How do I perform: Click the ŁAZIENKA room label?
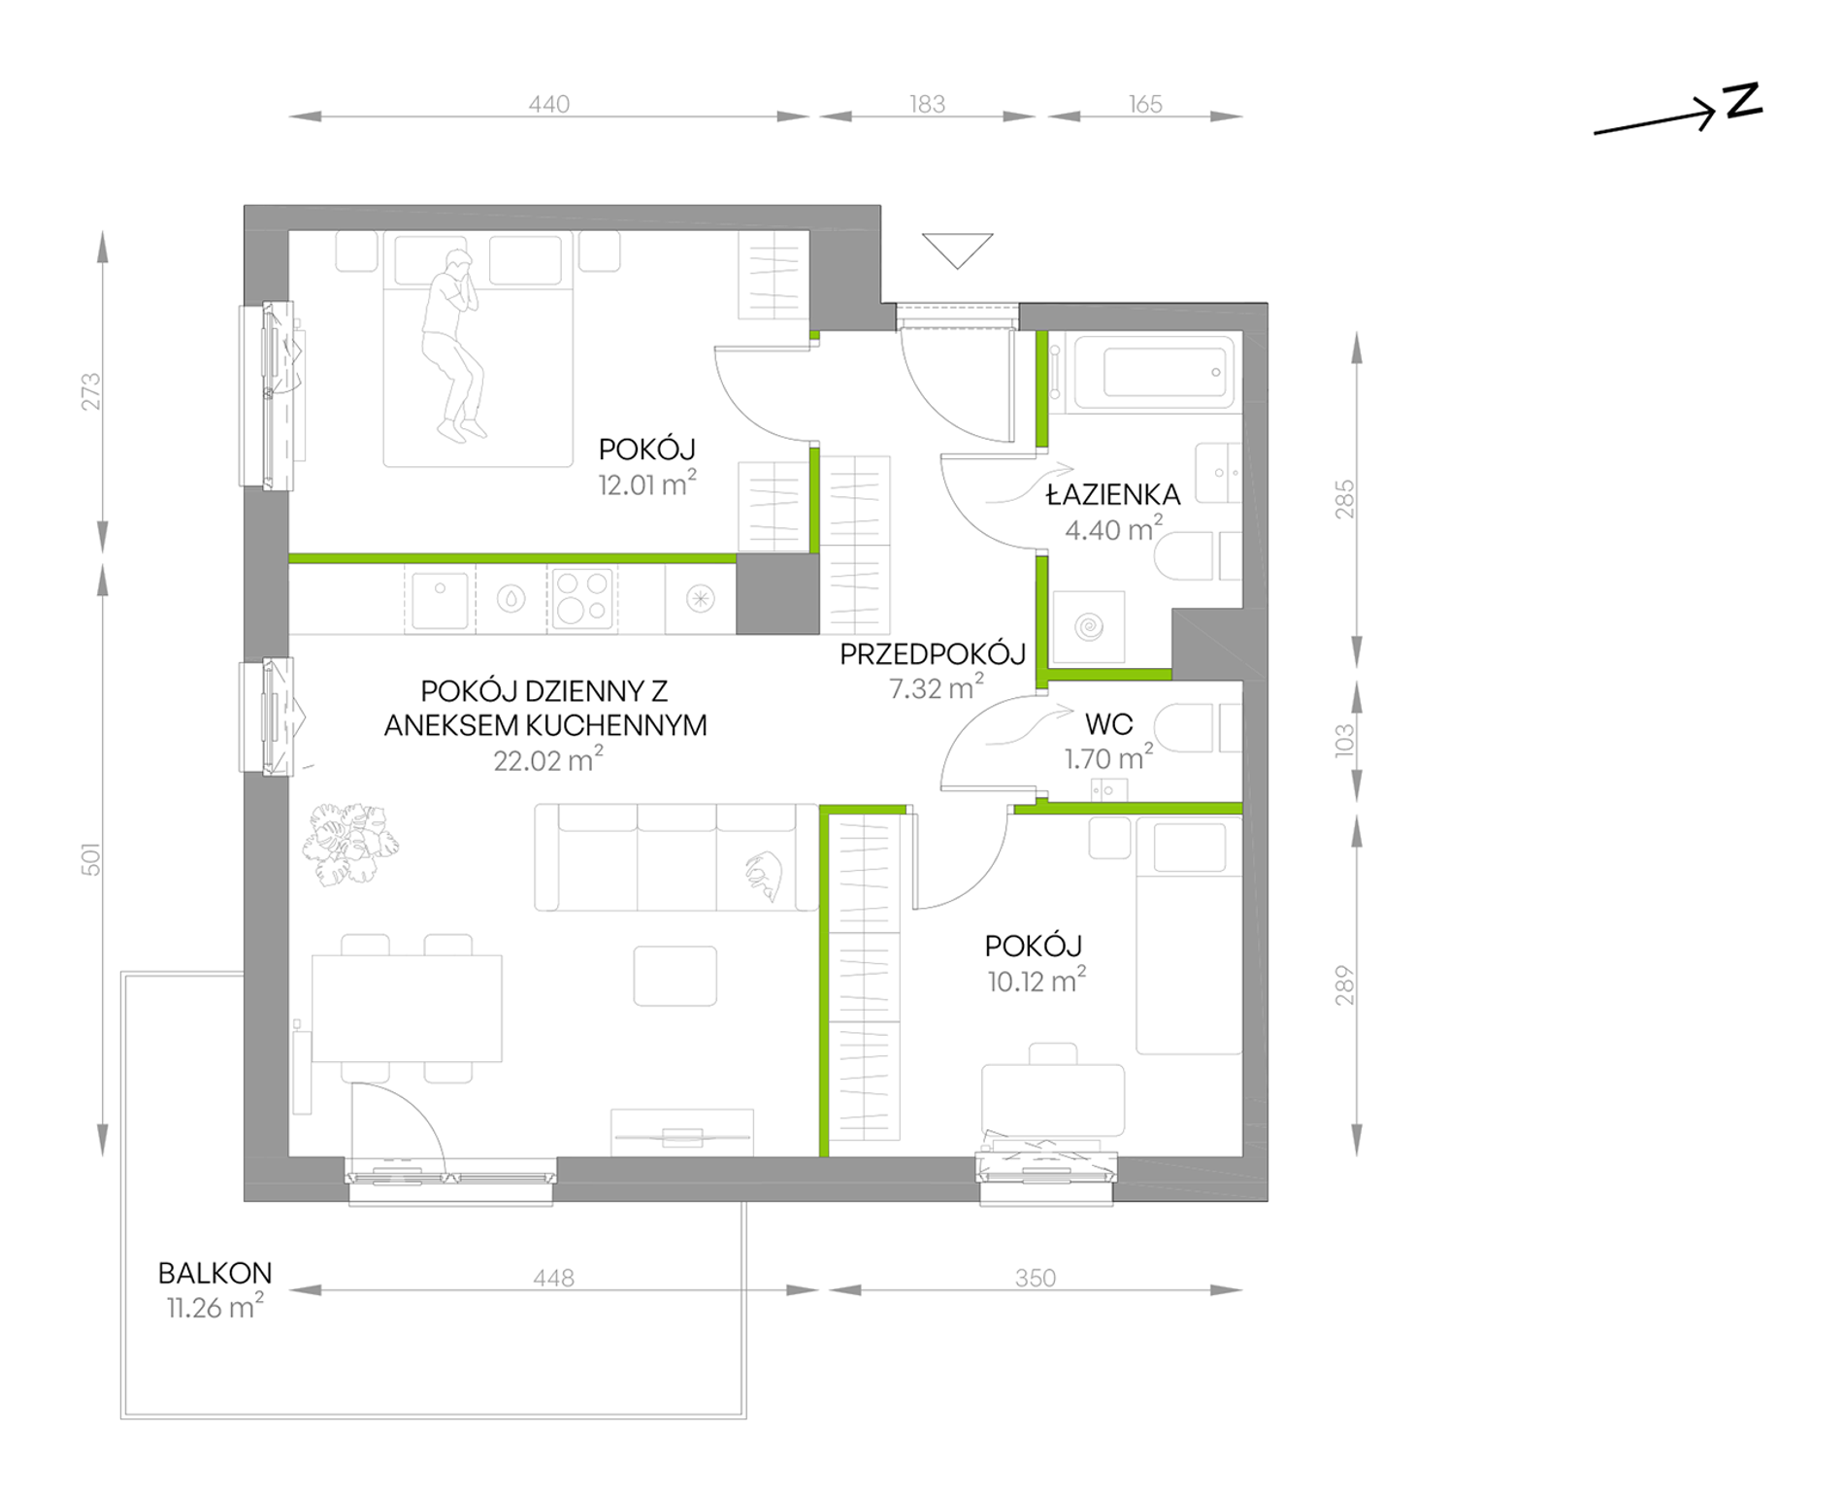[x=1112, y=494]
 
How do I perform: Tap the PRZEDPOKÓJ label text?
[x=932, y=653]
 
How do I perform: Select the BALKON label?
[x=214, y=1273]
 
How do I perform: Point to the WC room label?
[x=1108, y=724]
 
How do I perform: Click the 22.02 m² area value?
[x=547, y=759]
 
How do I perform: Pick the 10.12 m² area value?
[x=1037, y=981]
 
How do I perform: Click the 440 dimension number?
[x=548, y=104]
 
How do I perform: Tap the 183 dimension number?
[x=927, y=104]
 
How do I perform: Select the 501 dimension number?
[x=91, y=859]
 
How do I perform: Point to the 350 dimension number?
[x=1035, y=1278]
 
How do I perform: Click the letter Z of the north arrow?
[x=1742, y=101]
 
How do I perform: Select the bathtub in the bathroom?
[x=1151, y=373]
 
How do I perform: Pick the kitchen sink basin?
[x=440, y=600]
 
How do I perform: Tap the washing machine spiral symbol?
[x=1089, y=626]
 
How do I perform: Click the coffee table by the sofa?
[x=675, y=976]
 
